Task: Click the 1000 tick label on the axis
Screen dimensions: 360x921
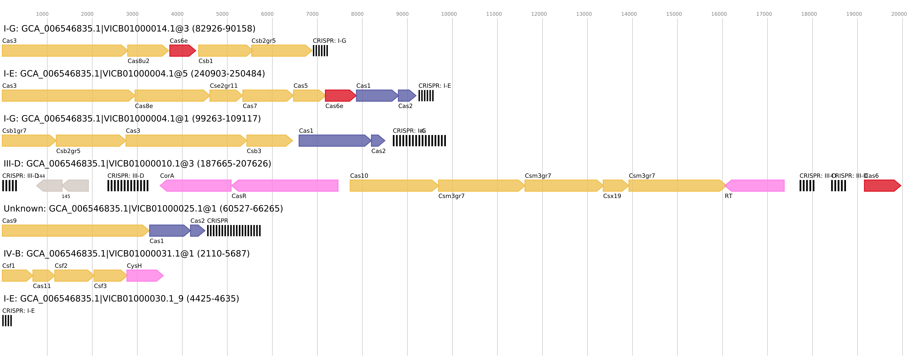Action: tap(42, 14)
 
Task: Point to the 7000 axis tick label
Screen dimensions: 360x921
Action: tap(312, 14)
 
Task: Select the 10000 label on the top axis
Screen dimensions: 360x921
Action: tap(449, 14)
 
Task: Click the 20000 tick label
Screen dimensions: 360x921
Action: tap(899, 14)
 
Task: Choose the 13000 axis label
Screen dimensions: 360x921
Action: tap(584, 14)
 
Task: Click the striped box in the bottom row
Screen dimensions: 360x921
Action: tap(7, 321)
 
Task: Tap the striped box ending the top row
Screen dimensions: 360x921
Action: tap(320, 51)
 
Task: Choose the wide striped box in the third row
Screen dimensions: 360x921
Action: tap(419, 141)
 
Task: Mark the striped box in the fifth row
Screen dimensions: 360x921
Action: tap(234, 231)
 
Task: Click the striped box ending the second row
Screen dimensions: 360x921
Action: tap(426, 96)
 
